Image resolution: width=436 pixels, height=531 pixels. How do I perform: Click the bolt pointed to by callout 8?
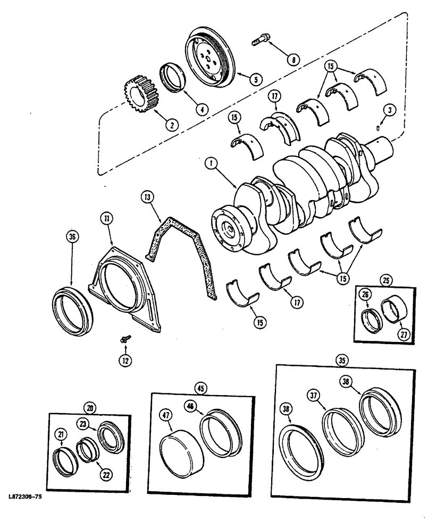[261, 39]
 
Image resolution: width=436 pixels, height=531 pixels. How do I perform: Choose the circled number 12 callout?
[124, 360]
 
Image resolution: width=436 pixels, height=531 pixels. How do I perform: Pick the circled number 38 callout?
[287, 410]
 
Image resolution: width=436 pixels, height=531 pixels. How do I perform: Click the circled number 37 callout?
[315, 395]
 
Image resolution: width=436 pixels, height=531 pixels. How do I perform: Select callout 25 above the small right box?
[385, 279]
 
